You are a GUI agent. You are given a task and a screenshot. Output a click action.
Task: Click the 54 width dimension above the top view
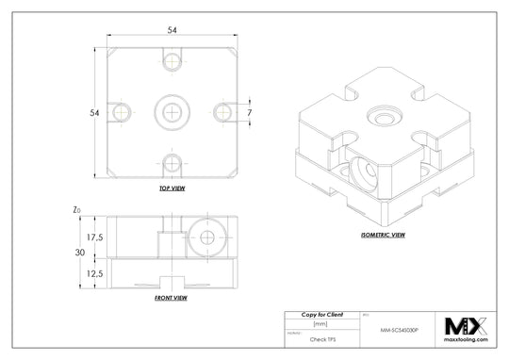(172, 30)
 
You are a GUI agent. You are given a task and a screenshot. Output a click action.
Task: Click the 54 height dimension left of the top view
(94, 113)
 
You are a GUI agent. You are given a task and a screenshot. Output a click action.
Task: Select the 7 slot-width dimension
(251, 112)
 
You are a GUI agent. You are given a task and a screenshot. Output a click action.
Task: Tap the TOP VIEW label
(171, 189)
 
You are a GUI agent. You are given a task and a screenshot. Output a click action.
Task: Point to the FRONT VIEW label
(171, 298)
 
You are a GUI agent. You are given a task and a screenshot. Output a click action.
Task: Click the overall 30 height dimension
(80, 253)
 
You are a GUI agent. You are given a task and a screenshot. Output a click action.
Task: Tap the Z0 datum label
(76, 210)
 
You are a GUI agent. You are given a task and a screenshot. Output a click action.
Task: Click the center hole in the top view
(171, 111)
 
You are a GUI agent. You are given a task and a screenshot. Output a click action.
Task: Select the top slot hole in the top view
(171, 62)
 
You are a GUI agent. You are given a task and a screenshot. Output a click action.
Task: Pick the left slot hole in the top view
(122, 111)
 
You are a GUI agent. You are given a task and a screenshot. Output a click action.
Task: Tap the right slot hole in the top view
(221, 111)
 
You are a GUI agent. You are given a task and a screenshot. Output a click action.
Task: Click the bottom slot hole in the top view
(171, 161)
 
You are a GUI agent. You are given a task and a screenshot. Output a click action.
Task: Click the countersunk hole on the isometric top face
(383, 116)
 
